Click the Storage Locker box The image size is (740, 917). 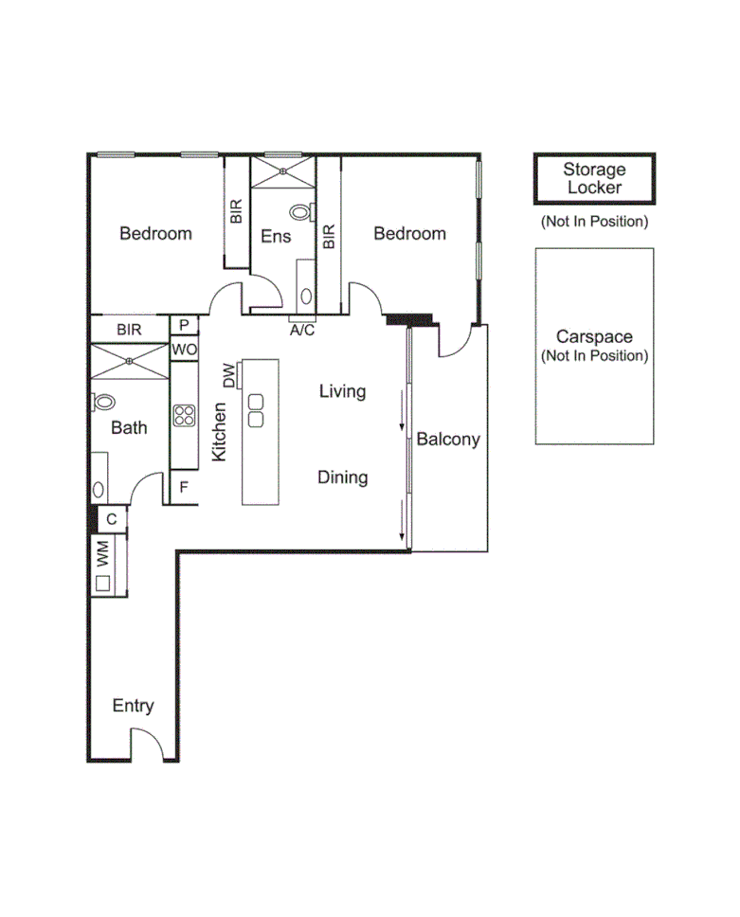pos(594,178)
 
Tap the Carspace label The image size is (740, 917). pos(594,337)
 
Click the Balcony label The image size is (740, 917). pos(448,440)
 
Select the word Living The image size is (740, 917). pos(342,390)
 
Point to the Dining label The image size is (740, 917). pos(342,477)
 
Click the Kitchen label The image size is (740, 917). pos(219,432)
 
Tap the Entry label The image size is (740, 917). pos(133,706)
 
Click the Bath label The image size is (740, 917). pos(129,427)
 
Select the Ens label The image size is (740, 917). pos(276,236)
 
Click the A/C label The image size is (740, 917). pos(302,330)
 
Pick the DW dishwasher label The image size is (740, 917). pos(228,376)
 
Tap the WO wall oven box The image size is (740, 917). pos(184,350)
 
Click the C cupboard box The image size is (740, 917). pos(112,519)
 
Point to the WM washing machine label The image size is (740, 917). pos(102,555)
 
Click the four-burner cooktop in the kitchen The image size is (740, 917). pos(184,415)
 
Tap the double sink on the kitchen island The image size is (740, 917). pos(256,408)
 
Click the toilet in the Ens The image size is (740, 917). pos(301,213)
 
